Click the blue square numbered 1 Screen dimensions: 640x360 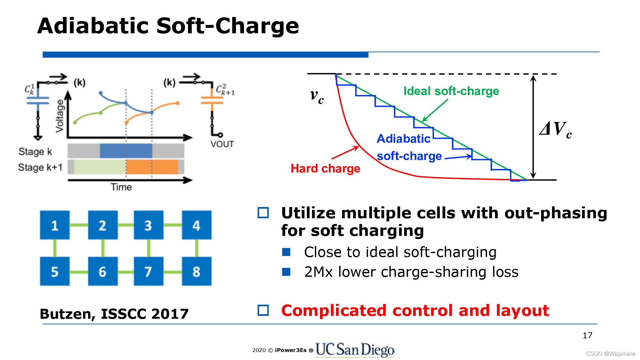coord(55,225)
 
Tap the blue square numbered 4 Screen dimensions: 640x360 coord(196,225)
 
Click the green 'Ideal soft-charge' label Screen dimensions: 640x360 coord(451,91)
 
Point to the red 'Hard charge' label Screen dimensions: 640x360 coord(325,168)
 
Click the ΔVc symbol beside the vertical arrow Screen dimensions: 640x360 coord(555,129)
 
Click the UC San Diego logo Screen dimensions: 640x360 coord(355,349)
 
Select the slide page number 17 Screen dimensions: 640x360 coord(587,335)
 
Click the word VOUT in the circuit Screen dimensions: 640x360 coord(222,144)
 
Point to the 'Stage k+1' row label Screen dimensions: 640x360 coord(40,167)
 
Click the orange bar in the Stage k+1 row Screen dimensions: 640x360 coord(152,167)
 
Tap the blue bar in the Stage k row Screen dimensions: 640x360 coord(126,151)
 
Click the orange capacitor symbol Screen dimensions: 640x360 coord(212,100)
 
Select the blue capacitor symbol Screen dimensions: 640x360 coord(38,100)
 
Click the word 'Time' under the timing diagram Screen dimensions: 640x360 coord(121,187)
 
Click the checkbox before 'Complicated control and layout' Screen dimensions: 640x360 coord(263,310)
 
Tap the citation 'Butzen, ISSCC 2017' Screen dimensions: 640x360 coord(114,314)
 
